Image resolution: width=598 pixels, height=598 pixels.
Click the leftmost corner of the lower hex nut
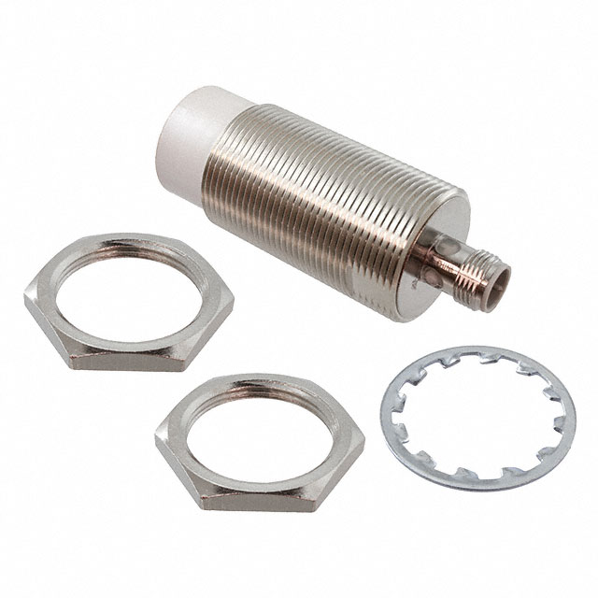point(157,431)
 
